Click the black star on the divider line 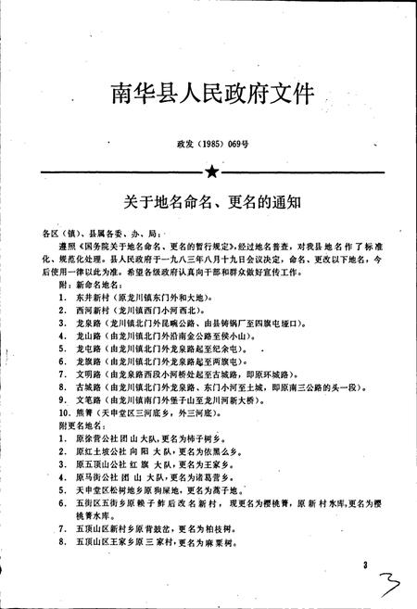[210, 171]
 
